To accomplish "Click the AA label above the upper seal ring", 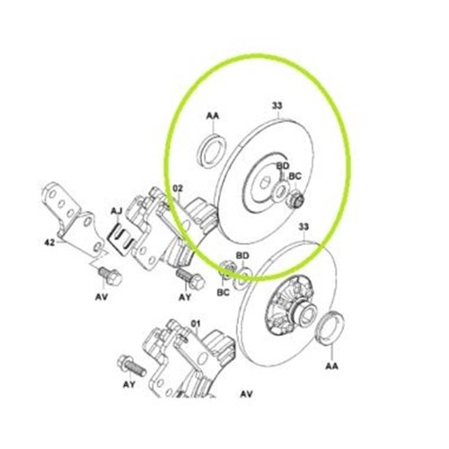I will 213,117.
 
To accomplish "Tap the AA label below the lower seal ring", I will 330,366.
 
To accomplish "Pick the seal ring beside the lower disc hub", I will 330,323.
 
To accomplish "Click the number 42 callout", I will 50,243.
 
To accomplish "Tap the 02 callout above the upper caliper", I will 177,189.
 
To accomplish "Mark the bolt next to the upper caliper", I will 184,274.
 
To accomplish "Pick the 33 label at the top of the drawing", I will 277,107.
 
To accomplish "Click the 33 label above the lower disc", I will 303,227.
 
